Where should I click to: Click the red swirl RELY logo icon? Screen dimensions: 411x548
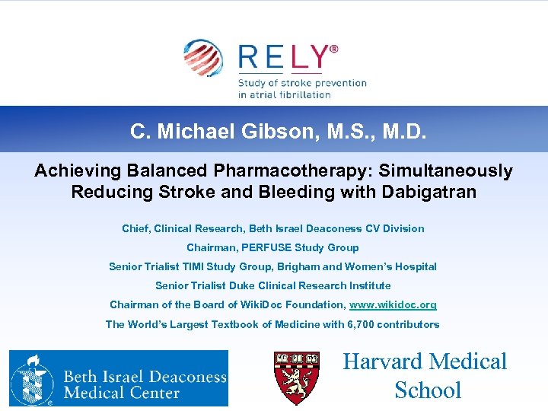click(202, 59)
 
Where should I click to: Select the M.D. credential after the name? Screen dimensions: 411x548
click(400, 132)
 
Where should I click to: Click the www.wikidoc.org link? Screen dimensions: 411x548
click(393, 304)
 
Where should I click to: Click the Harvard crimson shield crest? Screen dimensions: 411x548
click(296, 378)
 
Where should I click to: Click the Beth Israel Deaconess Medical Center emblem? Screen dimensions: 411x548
click(31, 378)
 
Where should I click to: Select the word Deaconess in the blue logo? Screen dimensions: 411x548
click(183, 376)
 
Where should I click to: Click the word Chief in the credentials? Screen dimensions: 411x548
click(135, 228)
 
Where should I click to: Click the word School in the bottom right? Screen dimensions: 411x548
click(428, 390)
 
